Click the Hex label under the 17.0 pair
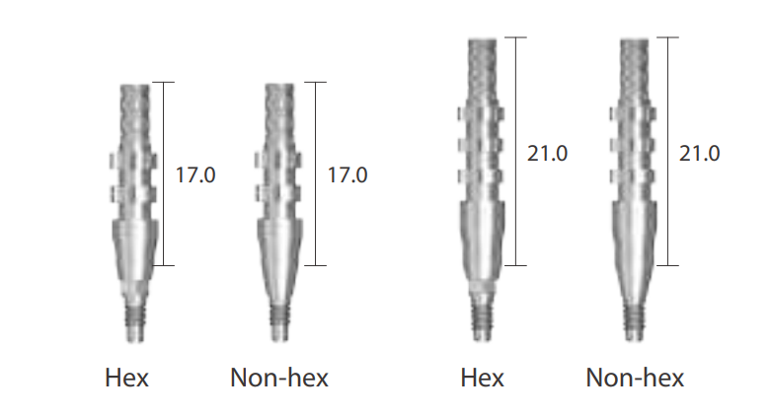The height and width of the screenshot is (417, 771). [126, 378]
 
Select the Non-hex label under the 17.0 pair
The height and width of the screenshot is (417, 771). [279, 378]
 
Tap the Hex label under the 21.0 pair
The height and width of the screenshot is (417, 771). [483, 378]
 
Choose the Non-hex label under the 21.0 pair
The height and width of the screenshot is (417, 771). [636, 378]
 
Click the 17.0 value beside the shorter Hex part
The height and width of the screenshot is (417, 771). [195, 174]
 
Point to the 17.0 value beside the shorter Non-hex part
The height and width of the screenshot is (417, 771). [347, 174]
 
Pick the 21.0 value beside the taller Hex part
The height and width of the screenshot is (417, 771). [547, 153]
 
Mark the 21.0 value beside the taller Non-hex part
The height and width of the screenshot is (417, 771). [699, 153]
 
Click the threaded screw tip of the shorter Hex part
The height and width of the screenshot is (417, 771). [134, 321]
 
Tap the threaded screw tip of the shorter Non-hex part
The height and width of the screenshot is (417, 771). [280, 321]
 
